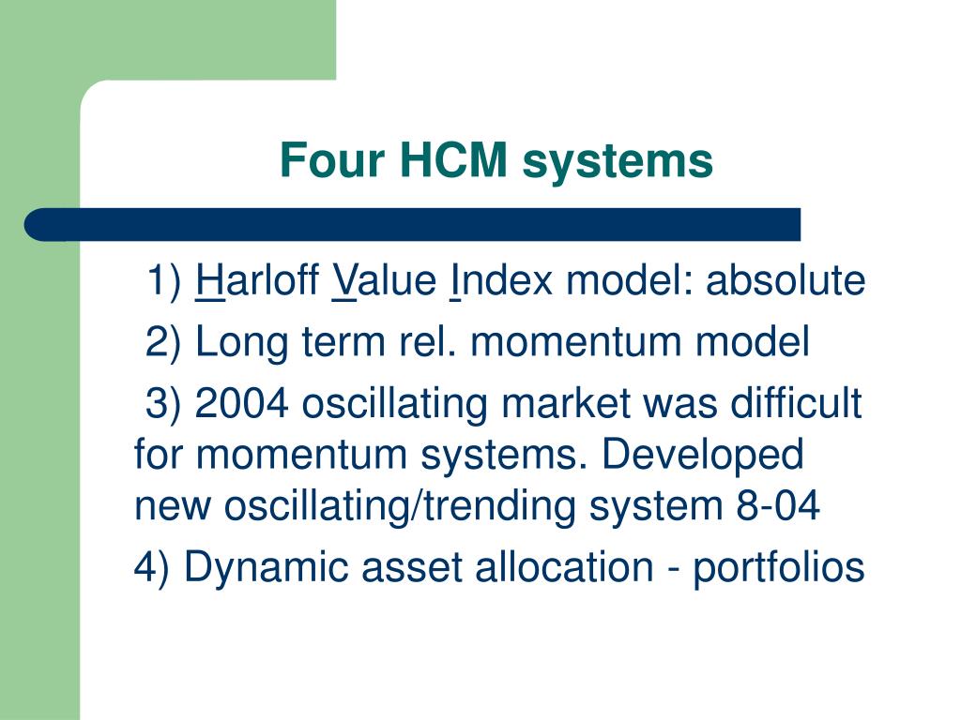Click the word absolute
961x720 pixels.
click(786, 281)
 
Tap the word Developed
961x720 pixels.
click(702, 457)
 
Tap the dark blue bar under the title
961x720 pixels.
click(413, 225)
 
